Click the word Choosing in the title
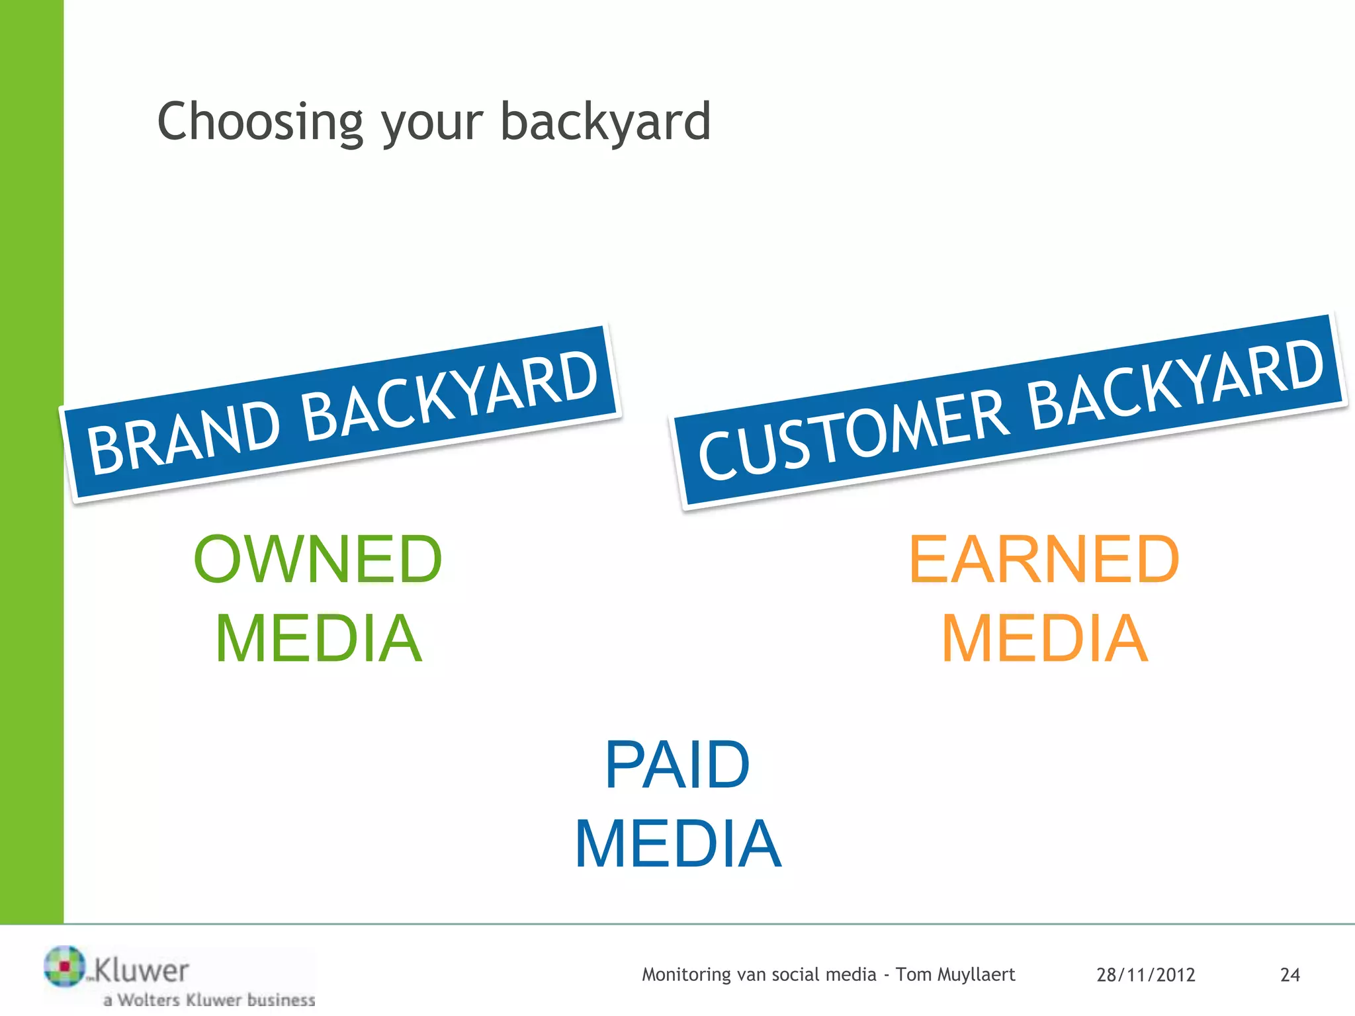point(260,122)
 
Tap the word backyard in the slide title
point(605,122)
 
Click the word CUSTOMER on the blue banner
point(853,432)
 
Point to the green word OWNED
point(318,560)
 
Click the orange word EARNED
point(1044,560)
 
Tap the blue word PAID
point(677,765)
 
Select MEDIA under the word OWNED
point(318,638)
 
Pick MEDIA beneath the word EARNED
point(1044,638)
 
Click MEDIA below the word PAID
point(677,844)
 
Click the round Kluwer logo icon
point(64,966)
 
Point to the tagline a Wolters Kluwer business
point(209,999)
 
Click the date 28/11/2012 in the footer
point(1145,975)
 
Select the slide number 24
point(1289,975)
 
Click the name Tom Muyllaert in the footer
point(955,974)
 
